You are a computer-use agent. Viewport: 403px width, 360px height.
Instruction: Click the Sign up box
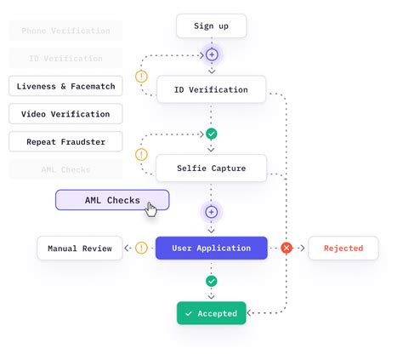212,26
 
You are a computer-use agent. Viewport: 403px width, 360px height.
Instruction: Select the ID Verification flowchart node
211,89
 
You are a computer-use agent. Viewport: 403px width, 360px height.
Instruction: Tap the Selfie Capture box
211,168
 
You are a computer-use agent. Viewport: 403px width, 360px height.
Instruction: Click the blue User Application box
211,249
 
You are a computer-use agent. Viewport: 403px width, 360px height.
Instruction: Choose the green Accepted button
212,313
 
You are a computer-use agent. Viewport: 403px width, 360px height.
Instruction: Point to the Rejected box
343,249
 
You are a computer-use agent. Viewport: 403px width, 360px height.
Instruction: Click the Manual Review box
80,249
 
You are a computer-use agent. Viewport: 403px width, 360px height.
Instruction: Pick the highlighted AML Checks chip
112,201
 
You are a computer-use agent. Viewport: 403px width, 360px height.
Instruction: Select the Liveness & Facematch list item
65,86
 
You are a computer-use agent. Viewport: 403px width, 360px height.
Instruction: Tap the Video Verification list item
65,114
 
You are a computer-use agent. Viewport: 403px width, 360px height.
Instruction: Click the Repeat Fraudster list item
65,141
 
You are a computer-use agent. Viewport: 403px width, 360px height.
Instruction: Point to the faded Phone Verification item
65,31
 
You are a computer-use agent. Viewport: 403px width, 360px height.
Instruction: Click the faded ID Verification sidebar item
65,59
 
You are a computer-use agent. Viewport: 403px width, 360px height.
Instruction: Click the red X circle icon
287,249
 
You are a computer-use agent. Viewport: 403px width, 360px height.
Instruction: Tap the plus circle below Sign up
212,54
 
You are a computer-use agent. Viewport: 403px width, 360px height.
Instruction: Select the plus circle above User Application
212,211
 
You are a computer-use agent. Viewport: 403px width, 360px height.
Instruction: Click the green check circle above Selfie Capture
212,134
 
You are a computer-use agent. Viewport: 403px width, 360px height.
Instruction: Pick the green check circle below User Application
212,281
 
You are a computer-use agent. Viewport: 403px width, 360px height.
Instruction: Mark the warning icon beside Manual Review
141,249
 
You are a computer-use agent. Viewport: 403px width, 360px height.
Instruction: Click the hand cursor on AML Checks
151,209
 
